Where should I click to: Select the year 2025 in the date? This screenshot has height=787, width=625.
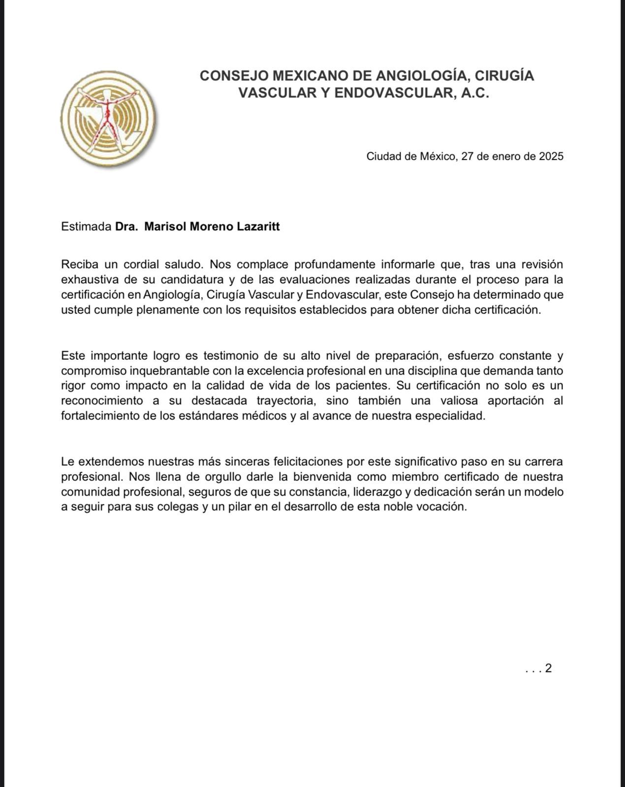[551, 156]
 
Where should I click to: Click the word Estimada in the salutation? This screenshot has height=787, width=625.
[86, 227]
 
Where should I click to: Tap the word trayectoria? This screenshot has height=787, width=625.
[286, 401]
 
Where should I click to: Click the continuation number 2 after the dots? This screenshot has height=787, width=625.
[548, 668]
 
